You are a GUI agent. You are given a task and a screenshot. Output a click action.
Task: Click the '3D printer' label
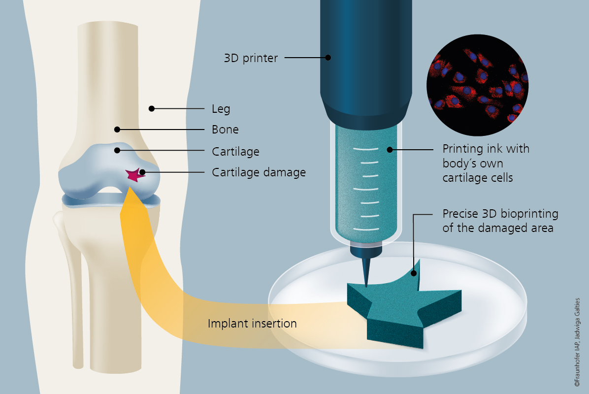251,58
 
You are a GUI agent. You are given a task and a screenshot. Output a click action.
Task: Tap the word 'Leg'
221,109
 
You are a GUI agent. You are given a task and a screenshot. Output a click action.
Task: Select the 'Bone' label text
225,130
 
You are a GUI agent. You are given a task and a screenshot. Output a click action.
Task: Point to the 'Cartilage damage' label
259,173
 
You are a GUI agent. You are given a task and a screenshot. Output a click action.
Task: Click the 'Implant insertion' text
252,324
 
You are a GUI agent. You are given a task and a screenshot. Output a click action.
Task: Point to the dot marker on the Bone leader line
117,130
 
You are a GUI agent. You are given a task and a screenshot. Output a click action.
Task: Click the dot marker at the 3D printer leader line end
328,58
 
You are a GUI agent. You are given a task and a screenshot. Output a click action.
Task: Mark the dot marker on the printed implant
414,273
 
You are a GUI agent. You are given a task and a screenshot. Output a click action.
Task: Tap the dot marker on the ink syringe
390,149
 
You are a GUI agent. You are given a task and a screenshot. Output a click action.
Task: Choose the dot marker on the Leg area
152,108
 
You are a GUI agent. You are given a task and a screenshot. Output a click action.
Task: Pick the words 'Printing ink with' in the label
486,149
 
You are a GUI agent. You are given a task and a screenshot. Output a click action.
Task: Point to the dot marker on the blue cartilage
117,150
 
